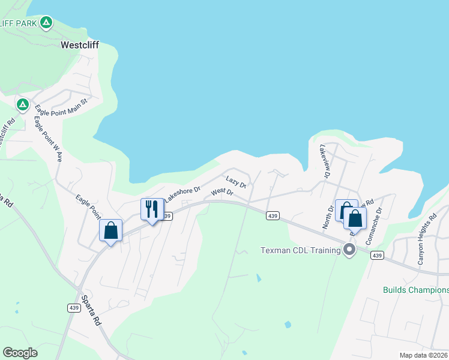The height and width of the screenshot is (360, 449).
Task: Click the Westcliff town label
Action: (x=79, y=44)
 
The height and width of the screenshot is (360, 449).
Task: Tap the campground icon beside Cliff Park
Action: (x=46, y=23)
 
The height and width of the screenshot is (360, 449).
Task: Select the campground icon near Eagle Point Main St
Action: (x=23, y=105)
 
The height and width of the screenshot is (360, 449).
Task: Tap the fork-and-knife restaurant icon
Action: (x=151, y=209)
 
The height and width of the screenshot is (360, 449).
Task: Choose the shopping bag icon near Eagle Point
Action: (x=110, y=230)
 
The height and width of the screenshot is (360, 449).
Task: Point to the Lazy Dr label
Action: (x=237, y=182)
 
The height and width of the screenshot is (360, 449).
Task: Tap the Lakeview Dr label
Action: (x=325, y=161)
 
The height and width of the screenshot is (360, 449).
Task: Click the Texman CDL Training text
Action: (x=300, y=250)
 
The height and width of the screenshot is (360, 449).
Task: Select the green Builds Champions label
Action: (x=415, y=290)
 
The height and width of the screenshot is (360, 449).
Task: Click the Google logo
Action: (x=20, y=353)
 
